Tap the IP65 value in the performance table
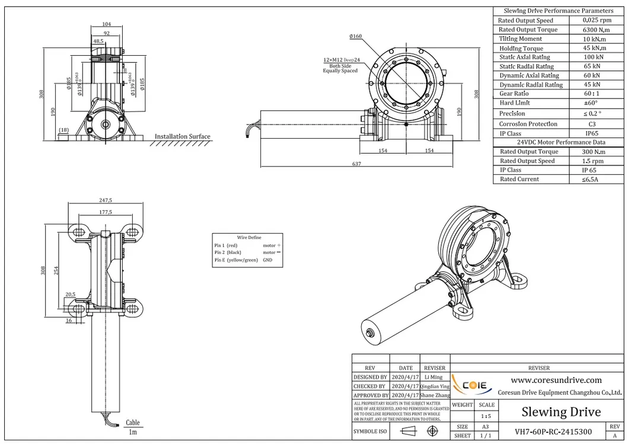(x=584, y=134)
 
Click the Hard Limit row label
(x=515, y=103)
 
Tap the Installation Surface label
(x=182, y=137)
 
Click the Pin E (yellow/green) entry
(x=236, y=260)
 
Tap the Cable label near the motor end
(x=133, y=423)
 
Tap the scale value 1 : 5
(x=486, y=416)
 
